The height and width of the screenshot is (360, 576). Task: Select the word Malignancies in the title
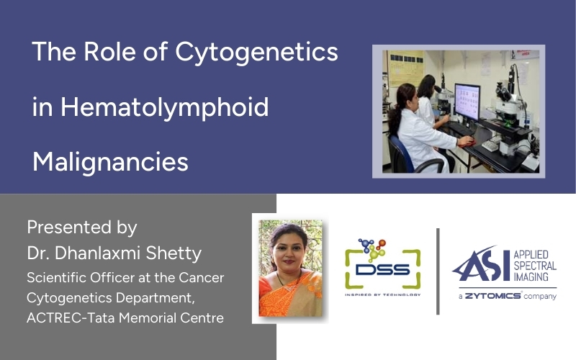click(x=110, y=161)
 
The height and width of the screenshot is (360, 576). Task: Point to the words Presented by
click(x=81, y=228)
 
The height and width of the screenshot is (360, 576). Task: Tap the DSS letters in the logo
click(x=382, y=270)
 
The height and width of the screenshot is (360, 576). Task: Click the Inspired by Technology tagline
click(x=382, y=294)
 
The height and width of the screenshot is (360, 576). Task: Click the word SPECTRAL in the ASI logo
click(x=534, y=266)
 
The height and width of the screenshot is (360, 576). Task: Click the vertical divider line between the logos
click(x=438, y=271)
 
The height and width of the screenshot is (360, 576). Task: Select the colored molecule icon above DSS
click(x=373, y=248)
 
